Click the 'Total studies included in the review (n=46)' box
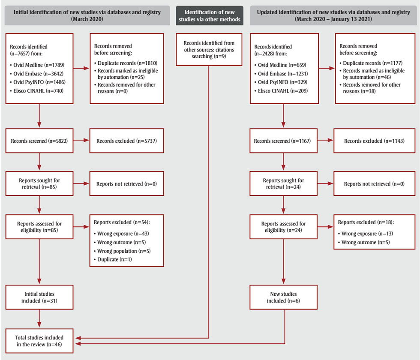click(39, 341)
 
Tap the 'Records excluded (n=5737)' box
click(127, 141)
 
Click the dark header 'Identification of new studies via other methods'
click(209, 15)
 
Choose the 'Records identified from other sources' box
click(209, 50)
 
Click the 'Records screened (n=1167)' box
click(283, 141)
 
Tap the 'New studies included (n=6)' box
click(283, 297)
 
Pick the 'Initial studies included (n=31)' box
click(39, 297)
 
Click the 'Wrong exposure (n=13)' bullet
click(367, 234)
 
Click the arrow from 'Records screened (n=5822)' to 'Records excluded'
click(81, 141)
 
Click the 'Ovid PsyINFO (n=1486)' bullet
click(33, 81)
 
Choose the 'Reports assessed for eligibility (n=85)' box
click(39, 227)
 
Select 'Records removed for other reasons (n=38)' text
click(371, 88)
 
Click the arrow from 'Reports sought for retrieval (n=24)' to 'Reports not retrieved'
click(326, 183)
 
